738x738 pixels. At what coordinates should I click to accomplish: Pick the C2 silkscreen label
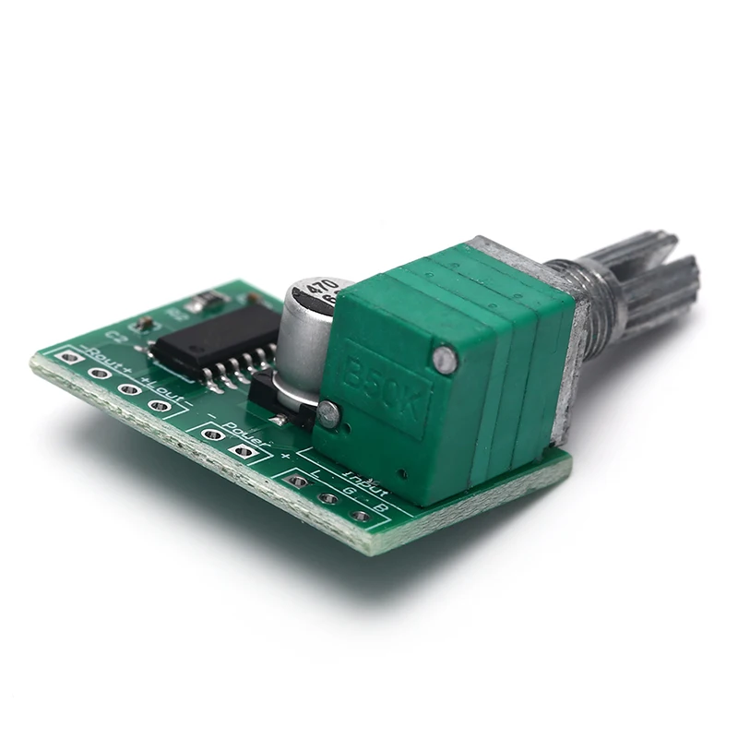(117, 334)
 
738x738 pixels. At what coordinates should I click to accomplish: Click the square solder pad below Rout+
(68, 356)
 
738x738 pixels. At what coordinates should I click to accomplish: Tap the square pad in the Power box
(243, 451)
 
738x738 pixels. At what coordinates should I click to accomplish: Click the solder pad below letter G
(328, 499)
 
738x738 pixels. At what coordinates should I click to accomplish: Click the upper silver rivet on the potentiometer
(445, 358)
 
